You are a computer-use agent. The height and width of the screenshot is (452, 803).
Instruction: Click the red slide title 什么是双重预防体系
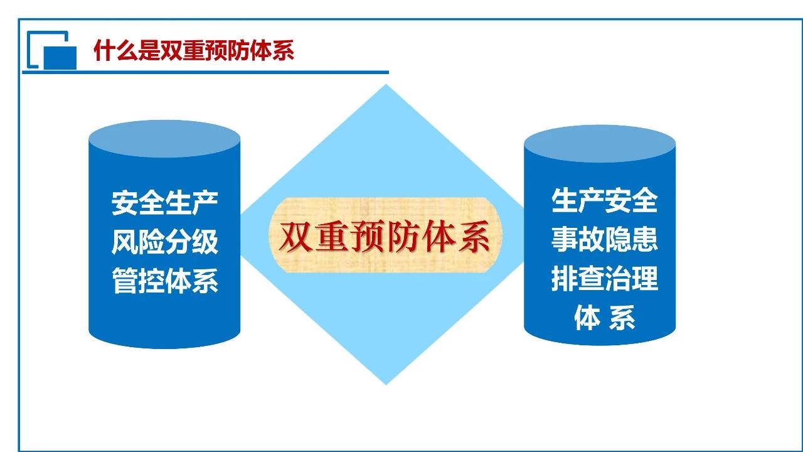pyautogui.click(x=194, y=50)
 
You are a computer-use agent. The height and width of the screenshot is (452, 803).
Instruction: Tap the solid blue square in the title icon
pyautogui.click(x=60, y=57)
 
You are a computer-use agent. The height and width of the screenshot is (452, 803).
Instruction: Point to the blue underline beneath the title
pyautogui.click(x=205, y=72)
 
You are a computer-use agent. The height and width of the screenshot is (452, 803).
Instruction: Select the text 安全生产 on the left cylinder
pyautogui.click(x=165, y=203)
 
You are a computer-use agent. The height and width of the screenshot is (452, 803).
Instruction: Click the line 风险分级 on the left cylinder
pyautogui.click(x=165, y=242)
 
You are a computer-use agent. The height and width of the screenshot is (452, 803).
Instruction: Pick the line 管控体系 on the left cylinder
pyautogui.click(x=165, y=281)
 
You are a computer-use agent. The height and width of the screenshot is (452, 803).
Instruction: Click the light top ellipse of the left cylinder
pyautogui.click(x=164, y=139)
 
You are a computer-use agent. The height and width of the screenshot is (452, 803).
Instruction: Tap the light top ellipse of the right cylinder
pyautogui.click(x=600, y=144)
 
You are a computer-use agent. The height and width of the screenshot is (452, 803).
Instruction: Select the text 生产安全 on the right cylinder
pyautogui.click(x=604, y=200)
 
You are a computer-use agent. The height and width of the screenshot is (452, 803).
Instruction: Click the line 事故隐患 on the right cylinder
pyautogui.click(x=604, y=239)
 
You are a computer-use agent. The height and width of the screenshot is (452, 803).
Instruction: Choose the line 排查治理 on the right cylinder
pyautogui.click(x=604, y=278)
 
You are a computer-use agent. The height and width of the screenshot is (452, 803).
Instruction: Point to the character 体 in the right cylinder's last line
pyautogui.click(x=587, y=318)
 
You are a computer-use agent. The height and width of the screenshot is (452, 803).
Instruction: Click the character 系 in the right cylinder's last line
pyautogui.click(x=622, y=318)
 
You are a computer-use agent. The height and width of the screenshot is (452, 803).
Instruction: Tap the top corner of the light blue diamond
pyautogui.click(x=386, y=85)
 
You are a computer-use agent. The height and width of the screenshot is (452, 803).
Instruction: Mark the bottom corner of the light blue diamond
pyautogui.click(x=386, y=384)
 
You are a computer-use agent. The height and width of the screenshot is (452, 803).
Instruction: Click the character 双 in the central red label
pyautogui.click(x=295, y=237)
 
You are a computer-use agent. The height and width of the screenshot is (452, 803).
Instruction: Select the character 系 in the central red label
pyautogui.click(x=473, y=237)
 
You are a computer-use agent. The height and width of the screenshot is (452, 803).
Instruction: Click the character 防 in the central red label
pyautogui.click(x=402, y=237)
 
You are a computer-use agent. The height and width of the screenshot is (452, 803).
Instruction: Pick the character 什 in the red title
pyautogui.click(x=104, y=50)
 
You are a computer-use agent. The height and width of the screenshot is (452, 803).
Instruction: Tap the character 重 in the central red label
pyautogui.click(x=331, y=237)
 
